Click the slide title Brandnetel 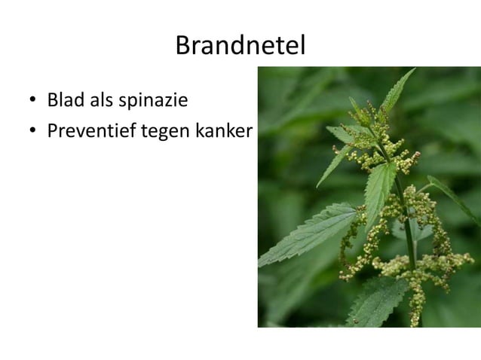tap(240, 46)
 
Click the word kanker tap(223, 131)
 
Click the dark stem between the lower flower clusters tap(409, 241)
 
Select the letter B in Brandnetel tap(182, 46)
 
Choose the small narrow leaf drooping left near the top tap(332, 167)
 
